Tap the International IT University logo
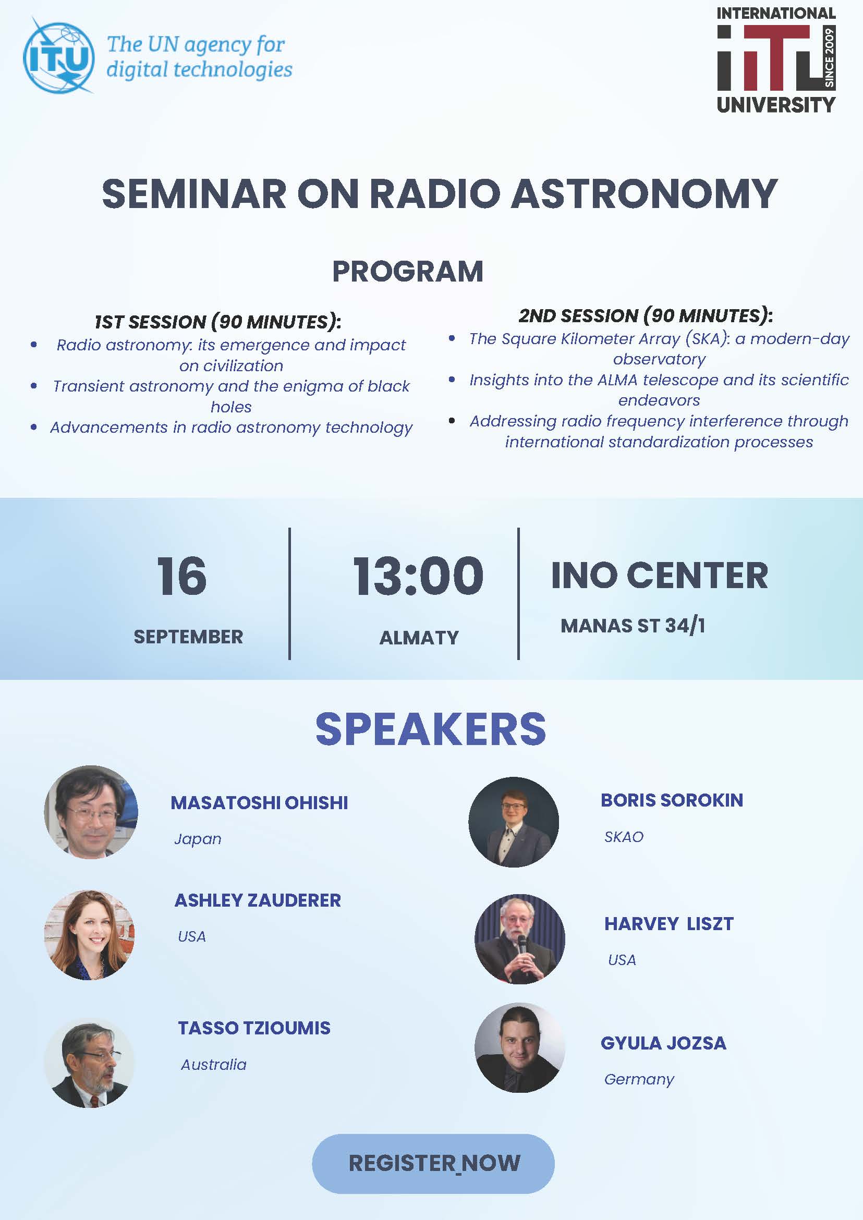pyautogui.click(x=776, y=59)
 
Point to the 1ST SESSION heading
pyautogui.click(x=217, y=322)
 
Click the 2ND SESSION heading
pyautogui.click(x=645, y=315)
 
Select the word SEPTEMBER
pyautogui.click(x=188, y=637)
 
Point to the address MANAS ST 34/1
pyautogui.click(x=633, y=626)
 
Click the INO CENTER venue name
pyautogui.click(x=660, y=576)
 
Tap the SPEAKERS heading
pyautogui.click(x=430, y=729)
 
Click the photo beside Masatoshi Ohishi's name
pyautogui.click(x=91, y=811)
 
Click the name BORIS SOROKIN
pyautogui.click(x=672, y=800)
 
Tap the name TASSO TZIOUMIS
pyautogui.click(x=254, y=1028)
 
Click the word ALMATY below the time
pyautogui.click(x=419, y=638)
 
